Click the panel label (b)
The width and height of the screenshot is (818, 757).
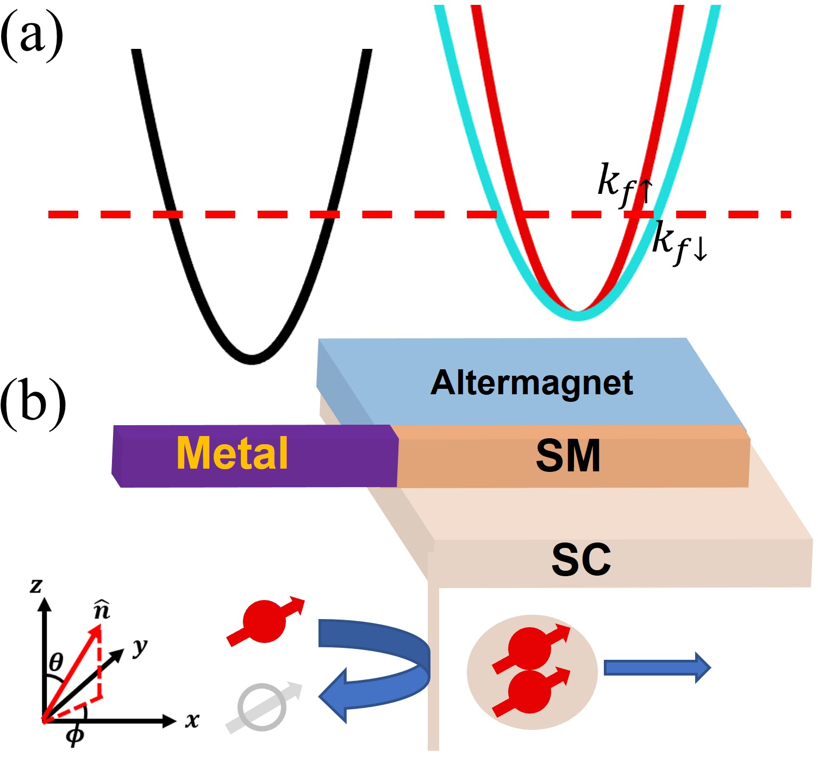point(33,403)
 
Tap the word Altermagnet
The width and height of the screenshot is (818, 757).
point(532,383)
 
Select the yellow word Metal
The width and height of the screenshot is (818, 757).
point(232,453)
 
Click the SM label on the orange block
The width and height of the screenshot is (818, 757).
point(568,456)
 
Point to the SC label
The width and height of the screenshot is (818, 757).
point(581,560)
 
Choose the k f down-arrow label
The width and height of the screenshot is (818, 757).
point(680,243)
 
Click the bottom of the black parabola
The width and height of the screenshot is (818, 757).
point(252,360)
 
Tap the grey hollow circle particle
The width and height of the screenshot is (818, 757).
point(262,708)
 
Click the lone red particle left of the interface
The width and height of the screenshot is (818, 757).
point(265,621)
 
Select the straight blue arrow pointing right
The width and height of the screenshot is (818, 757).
point(657,667)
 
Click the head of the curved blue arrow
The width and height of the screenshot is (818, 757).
point(336,696)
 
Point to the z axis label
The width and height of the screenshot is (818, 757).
point(36,585)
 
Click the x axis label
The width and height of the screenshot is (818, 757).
point(192,721)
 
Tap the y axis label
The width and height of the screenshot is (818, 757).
point(140,647)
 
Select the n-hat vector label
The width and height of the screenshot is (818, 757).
point(102,610)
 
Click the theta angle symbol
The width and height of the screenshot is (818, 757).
point(56,663)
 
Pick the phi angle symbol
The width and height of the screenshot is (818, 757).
point(76,735)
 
